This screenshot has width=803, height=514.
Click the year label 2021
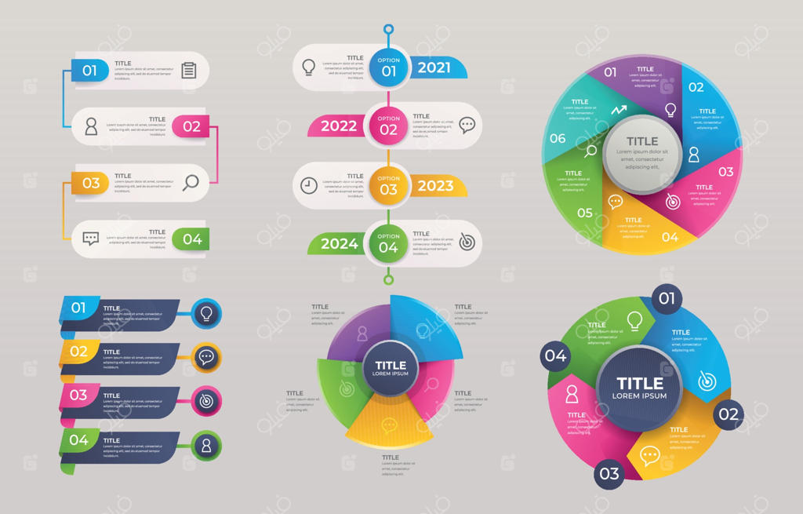point(434,67)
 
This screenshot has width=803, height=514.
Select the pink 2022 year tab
point(339,126)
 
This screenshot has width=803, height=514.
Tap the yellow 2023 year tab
point(435,186)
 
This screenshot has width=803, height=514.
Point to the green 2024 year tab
point(340,243)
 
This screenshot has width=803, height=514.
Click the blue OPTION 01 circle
point(389,67)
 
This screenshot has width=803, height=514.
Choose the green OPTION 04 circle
point(389,243)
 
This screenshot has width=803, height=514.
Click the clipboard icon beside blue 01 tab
point(189,71)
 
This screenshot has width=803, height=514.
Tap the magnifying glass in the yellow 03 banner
point(191,183)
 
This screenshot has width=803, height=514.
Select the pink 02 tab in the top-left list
point(191,126)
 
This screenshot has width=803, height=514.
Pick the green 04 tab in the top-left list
point(192,239)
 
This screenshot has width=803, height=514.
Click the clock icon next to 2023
point(309,185)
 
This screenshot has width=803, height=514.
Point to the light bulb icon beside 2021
point(309,67)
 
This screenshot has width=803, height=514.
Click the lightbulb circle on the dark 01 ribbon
point(206,314)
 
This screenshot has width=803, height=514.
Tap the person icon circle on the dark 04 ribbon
point(206,446)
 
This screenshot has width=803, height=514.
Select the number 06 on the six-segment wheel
point(558,139)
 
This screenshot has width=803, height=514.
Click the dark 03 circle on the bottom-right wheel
point(609,473)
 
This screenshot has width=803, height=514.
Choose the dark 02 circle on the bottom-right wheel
point(729,414)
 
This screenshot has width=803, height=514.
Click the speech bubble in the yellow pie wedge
point(390,426)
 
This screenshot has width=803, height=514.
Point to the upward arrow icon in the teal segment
point(620,110)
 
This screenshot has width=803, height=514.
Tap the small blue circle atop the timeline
point(388,30)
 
